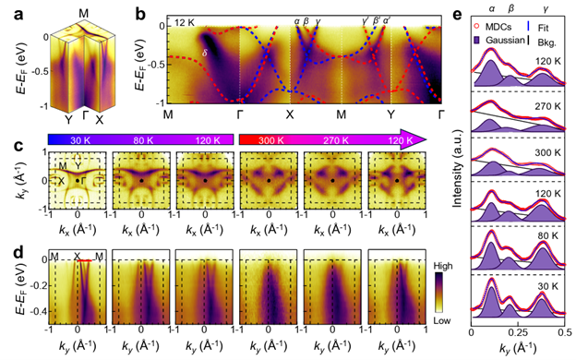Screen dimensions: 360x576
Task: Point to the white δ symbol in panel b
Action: pos(204,54)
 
